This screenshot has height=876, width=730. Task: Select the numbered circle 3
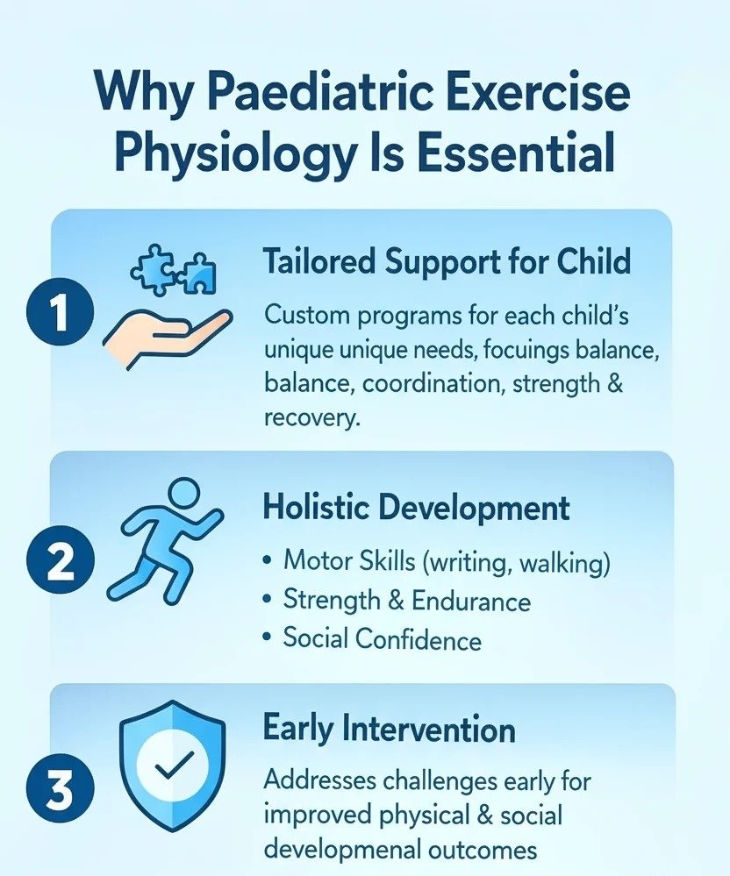[x=61, y=790]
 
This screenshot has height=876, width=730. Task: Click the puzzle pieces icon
[x=174, y=268]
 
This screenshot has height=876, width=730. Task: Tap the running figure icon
[x=166, y=539]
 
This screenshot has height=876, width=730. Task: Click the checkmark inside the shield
[x=174, y=764]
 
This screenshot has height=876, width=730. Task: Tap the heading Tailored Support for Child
[x=447, y=261]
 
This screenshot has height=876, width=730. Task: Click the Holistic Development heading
[x=416, y=508]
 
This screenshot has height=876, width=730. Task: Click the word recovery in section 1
[x=311, y=418]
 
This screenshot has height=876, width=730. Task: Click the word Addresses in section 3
[x=319, y=780]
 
